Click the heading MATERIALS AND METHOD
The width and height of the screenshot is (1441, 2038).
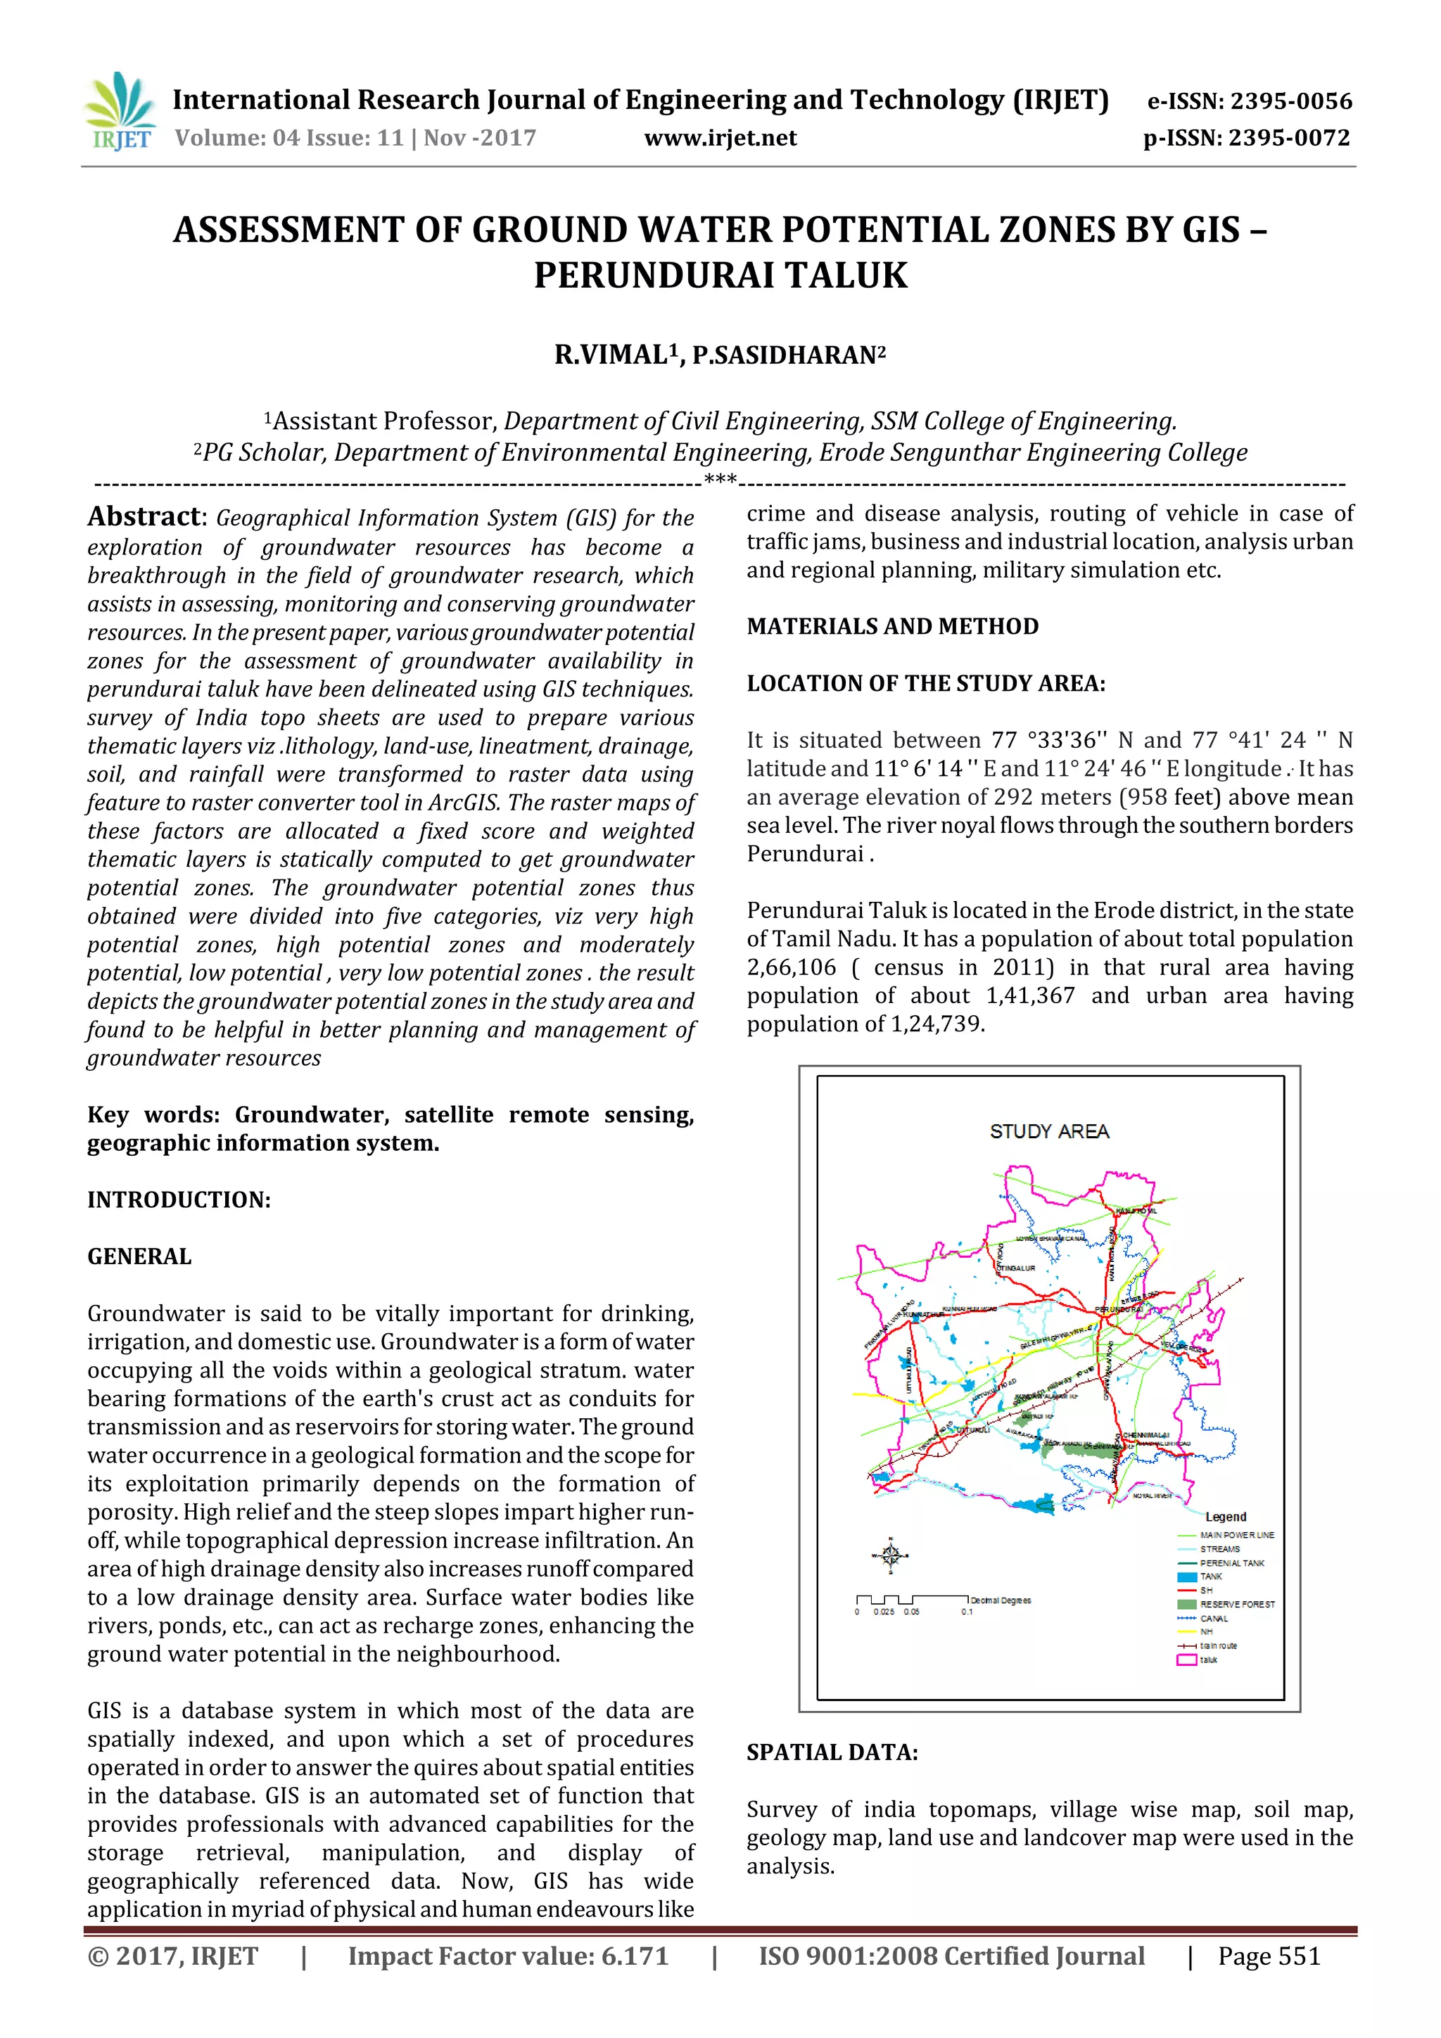(x=892, y=627)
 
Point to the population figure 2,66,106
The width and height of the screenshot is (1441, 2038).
(x=791, y=967)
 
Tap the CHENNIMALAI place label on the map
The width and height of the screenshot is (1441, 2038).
(x=1146, y=1435)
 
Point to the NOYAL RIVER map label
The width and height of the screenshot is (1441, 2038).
(x=1153, y=1496)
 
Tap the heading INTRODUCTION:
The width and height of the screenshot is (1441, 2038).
(x=179, y=1200)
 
